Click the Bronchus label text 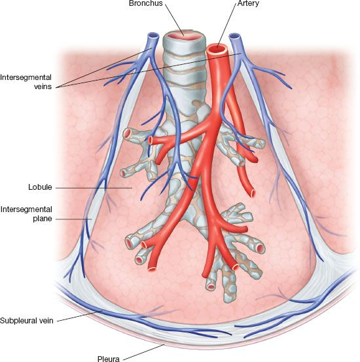click(146, 3)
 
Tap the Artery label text click(248, 3)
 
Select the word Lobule click(40, 187)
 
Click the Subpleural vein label click(27, 321)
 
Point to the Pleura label click(109, 359)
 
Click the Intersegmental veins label click(26, 82)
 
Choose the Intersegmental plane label click(26, 214)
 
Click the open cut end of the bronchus click(184, 36)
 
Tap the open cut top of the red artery click(217, 48)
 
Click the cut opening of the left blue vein click(153, 36)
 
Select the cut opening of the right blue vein click(234, 36)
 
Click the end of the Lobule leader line click(132, 188)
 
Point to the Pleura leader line click(143, 352)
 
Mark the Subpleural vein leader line click(80, 316)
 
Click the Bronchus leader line click(175, 20)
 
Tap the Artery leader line click(226, 26)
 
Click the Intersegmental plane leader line click(73, 219)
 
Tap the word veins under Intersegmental click(43, 86)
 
